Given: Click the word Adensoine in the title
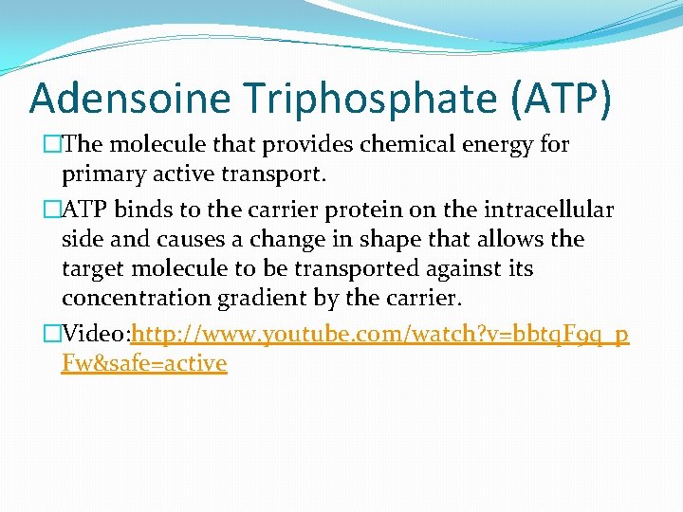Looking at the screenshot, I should click(129, 98).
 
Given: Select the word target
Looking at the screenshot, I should click(93, 268).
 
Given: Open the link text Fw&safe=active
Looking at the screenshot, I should click(144, 363).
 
